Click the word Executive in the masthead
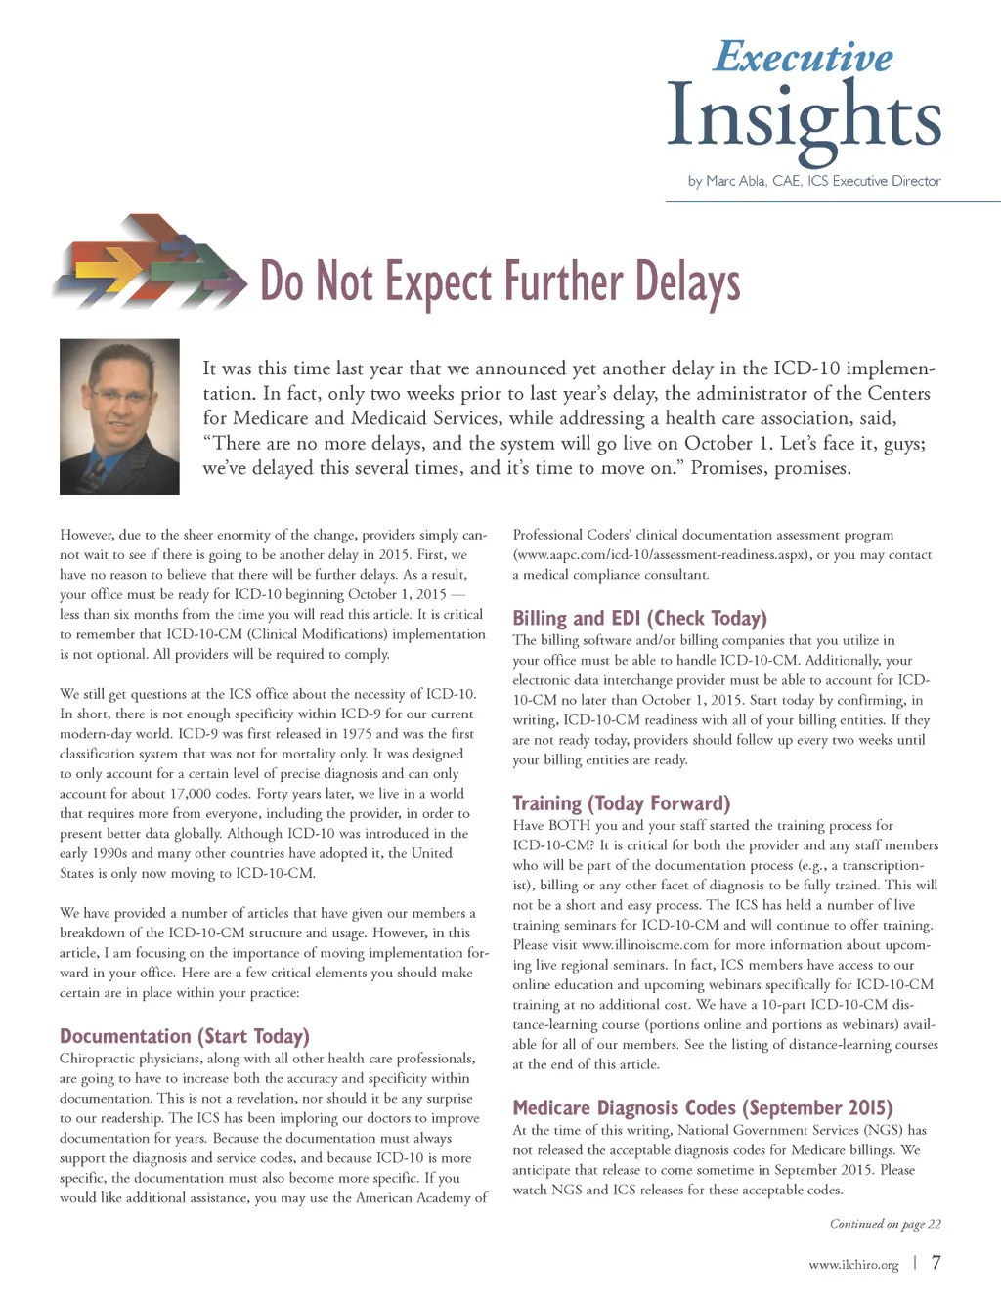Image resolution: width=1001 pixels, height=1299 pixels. [803, 57]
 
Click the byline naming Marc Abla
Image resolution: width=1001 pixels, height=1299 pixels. [813, 181]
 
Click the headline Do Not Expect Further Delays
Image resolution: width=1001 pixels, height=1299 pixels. [500, 281]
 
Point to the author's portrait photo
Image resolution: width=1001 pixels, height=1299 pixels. [119, 415]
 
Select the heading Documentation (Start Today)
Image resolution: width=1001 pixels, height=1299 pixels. [184, 1036]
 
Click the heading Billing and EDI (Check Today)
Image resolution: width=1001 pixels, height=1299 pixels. [639, 618]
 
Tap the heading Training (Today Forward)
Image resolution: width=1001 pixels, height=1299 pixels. [621, 803]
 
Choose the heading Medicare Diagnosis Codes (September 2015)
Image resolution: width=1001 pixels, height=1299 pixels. [702, 1107]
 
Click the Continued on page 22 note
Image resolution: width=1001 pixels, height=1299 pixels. [885, 1224]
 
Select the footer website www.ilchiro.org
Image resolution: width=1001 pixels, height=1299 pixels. [853, 1265]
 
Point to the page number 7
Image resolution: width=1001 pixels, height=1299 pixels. [936, 1263]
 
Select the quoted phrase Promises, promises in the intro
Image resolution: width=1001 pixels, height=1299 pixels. [770, 468]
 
